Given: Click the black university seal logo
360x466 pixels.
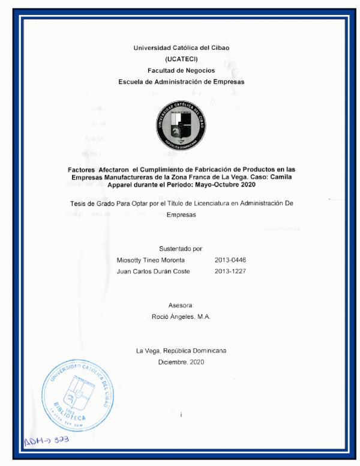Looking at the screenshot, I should (x=181, y=125).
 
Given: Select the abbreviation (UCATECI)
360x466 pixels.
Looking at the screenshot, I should (x=181, y=59).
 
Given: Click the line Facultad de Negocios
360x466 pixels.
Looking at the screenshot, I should (x=181, y=70).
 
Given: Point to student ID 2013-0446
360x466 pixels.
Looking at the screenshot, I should (x=230, y=260).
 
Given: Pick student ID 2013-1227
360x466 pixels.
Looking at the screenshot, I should (x=230, y=271).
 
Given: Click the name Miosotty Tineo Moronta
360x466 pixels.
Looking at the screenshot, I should (x=151, y=260).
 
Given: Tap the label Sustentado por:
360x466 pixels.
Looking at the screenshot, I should (x=181, y=248).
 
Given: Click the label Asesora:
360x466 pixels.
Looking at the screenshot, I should (x=181, y=305).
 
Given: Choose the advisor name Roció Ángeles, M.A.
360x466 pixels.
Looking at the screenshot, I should (x=181, y=316).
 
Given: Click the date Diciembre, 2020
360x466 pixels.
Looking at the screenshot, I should (x=181, y=363).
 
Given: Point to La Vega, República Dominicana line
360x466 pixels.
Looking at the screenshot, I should (x=181, y=351).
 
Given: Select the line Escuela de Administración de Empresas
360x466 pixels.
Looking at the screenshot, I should (x=181, y=82).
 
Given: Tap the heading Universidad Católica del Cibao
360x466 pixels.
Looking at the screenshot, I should (x=181, y=47).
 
